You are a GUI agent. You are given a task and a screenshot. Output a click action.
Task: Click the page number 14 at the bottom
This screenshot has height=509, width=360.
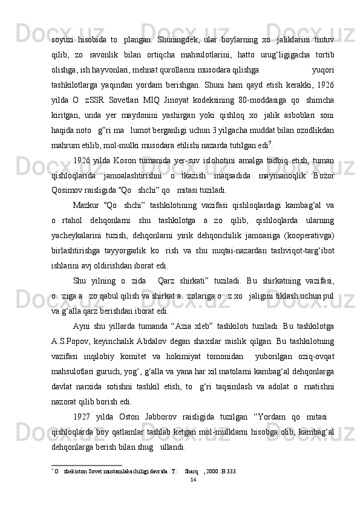[193, 479]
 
